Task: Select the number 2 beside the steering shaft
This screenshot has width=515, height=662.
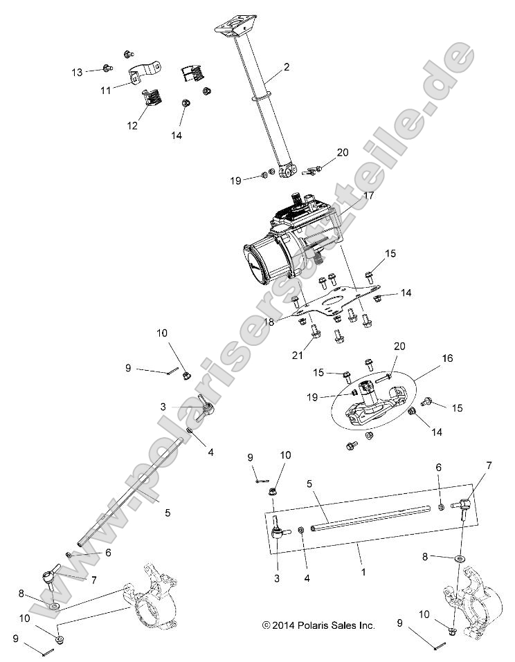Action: pos(286,68)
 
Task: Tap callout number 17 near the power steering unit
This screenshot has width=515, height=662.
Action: pos(368,196)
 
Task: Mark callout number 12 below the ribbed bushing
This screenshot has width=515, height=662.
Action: pos(132,125)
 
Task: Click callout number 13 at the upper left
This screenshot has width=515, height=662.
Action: pos(77,72)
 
